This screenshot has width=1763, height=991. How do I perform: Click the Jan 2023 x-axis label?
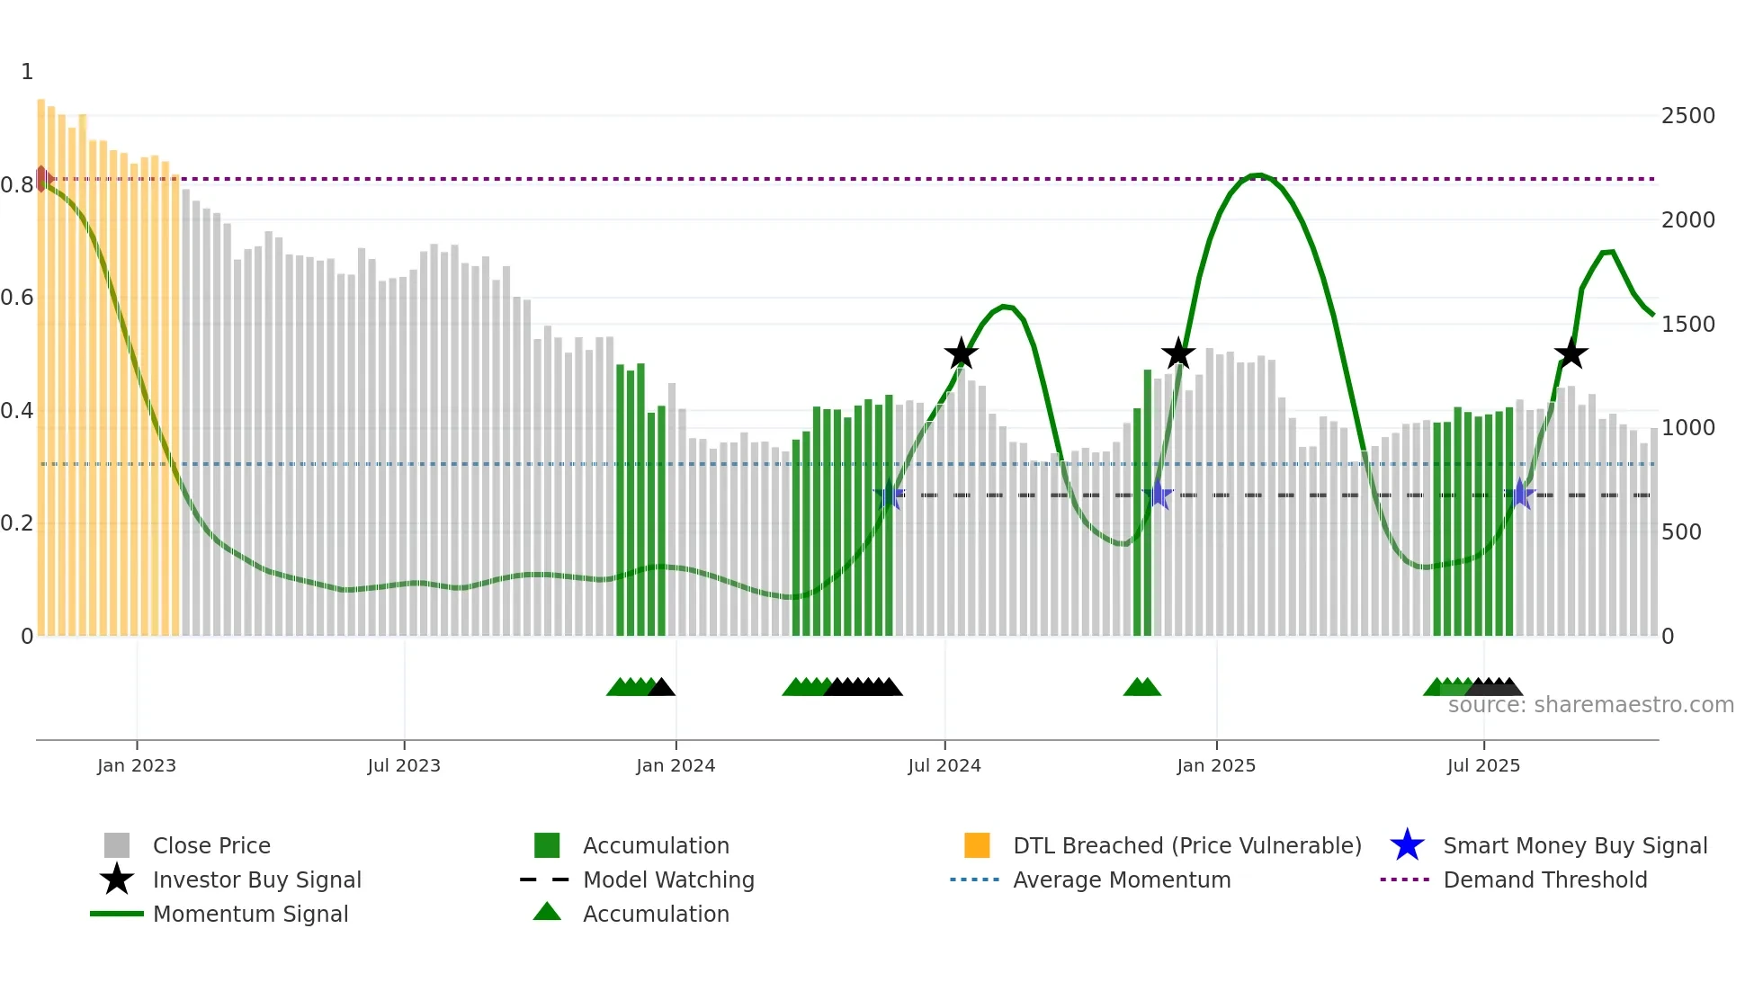point(137,765)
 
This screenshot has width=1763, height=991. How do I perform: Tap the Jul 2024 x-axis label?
point(944,765)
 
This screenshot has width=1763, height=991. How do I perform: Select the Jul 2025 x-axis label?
point(1483,765)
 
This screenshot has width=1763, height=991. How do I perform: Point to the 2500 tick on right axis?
point(1687,116)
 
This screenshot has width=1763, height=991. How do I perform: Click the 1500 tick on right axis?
point(1687,324)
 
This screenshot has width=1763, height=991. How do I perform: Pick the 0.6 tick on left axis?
point(17,298)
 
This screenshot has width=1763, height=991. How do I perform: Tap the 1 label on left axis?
point(27,72)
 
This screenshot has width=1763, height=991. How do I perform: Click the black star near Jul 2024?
point(961,354)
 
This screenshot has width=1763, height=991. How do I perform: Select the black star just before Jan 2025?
point(1177,354)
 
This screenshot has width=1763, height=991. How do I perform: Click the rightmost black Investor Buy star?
point(1571,354)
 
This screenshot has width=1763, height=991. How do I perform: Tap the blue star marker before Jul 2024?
point(889,495)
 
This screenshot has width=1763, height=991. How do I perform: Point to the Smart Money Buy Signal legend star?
point(1407,845)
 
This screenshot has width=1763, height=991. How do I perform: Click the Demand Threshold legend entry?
point(1544,879)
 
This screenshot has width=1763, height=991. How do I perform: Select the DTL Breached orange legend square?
point(977,845)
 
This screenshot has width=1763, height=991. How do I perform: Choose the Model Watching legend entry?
point(667,879)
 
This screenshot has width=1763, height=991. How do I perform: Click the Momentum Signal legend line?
point(117,914)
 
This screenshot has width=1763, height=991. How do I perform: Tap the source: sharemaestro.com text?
point(1590,705)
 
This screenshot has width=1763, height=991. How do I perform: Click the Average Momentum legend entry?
point(1121,879)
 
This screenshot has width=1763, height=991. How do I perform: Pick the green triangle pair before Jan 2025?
point(1141,688)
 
